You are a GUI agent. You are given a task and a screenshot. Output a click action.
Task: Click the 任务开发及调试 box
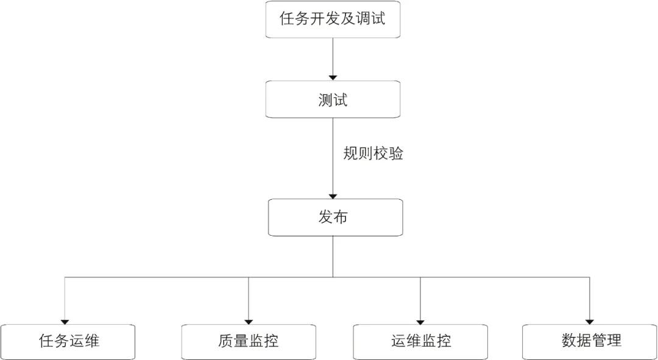tap(333, 19)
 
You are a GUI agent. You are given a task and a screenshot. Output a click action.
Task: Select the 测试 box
tap(333, 99)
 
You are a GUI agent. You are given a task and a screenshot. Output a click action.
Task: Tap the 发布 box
tap(334, 217)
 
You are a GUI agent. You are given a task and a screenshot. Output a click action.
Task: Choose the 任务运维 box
tap(68, 341)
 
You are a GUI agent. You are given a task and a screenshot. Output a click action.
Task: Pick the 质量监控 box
tap(249, 341)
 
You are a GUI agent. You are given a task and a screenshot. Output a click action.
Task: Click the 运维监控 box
tap(421, 341)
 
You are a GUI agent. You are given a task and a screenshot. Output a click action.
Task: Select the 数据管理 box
tap(590, 341)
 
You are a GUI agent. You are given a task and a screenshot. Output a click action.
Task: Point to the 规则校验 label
tap(373, 154)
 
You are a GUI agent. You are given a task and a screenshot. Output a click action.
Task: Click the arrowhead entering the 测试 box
tap(333, 77)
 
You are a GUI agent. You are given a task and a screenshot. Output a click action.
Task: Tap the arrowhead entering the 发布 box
tap(333, 196)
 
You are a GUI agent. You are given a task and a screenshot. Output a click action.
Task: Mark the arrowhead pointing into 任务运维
tap(65, 321)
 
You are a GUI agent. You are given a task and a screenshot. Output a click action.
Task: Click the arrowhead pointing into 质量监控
tap(249, 321)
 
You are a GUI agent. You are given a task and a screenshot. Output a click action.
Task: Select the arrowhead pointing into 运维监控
tap(420, 321)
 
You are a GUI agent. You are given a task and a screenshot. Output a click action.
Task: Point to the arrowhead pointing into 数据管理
tap(590, 321)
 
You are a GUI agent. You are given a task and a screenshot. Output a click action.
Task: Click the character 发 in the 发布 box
tap(326, 217)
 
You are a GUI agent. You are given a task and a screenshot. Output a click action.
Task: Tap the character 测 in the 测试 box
tap(325, 100)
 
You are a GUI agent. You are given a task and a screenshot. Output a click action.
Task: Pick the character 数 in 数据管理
tap(569, 341)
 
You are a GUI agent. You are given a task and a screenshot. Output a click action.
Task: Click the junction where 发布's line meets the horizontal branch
tap(333, 277)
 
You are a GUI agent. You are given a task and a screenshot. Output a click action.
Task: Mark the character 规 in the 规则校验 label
tap(351, 154)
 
